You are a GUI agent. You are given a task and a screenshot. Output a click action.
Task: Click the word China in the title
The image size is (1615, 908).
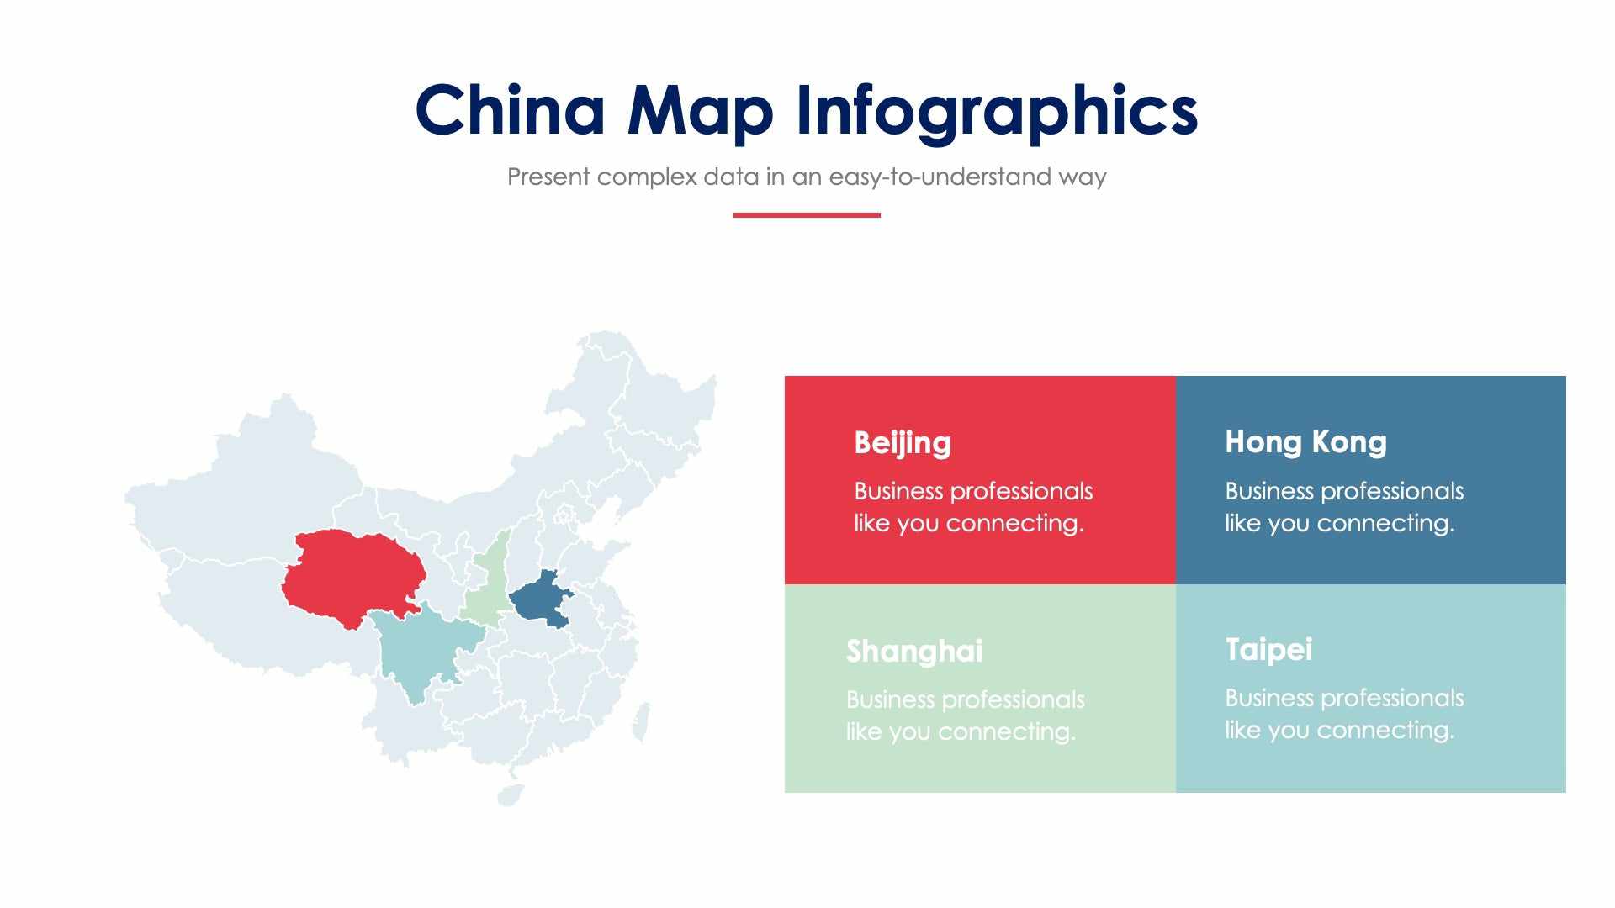click(511, 110)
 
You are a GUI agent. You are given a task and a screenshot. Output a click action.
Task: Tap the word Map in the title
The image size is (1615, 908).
click(700, 110)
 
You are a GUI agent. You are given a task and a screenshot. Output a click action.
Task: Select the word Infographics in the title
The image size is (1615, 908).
click(996, 110)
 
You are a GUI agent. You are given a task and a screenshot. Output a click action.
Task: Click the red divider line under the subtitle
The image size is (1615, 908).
click(807, 215)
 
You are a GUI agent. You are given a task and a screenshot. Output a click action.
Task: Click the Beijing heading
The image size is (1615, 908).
click(903, 442)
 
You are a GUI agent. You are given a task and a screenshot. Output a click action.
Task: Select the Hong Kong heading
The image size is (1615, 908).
click(1305, 442)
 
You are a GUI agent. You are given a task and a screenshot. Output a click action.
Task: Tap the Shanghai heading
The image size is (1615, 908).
click(914, 651)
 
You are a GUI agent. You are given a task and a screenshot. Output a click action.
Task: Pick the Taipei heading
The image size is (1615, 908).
click(1268, 649)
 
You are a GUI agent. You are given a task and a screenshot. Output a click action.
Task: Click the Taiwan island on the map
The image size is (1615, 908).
click(642, 723)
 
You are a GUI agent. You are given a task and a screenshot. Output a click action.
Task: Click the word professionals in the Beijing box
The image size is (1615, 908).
click(1021, 491)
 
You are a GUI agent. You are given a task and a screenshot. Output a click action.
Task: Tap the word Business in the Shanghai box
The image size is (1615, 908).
click(891, 699)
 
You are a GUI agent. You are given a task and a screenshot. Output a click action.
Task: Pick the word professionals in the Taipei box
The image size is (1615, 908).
click(1392, 698)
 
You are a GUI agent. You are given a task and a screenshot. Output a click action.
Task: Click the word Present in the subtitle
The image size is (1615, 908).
click(548, 177)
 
